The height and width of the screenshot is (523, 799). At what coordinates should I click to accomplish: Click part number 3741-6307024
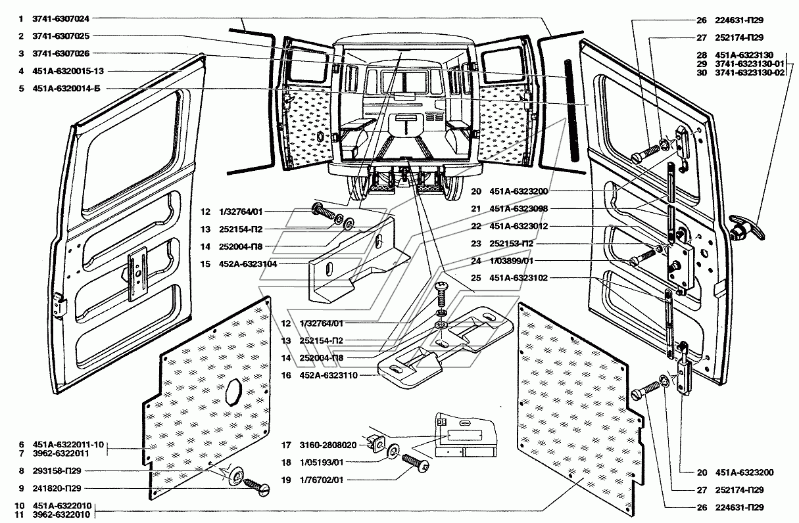[61, 18]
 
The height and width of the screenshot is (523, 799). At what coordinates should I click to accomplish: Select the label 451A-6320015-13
[68, 71]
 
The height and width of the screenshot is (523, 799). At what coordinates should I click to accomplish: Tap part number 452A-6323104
[248, 264]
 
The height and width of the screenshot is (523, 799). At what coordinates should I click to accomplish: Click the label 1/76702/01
[322, 480]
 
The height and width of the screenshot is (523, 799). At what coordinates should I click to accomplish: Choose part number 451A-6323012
[518, 226]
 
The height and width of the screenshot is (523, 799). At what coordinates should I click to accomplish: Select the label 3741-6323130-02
[750, 72]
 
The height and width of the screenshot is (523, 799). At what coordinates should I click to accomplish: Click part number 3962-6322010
[61, 514]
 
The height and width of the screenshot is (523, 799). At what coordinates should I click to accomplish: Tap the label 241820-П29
[57, 488]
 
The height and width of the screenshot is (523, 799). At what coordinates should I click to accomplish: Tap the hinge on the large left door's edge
[60, 304]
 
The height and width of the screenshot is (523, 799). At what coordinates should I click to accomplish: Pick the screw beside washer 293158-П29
[257, 486]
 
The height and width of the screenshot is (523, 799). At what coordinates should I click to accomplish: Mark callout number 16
[286, 375]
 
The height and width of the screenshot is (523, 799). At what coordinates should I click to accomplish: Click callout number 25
[476, 278]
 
